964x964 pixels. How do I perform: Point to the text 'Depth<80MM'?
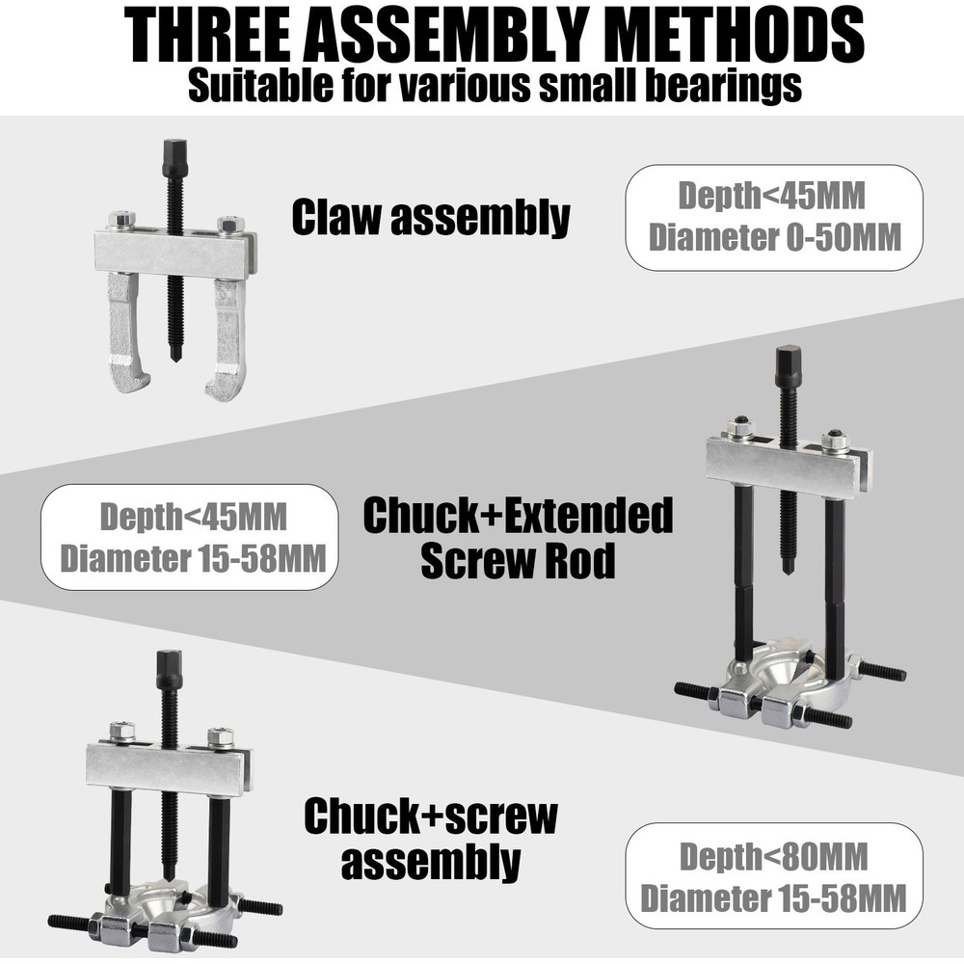pos(774,856)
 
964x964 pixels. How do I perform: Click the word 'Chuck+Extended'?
pos(518,518)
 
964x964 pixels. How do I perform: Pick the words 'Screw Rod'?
pos(518,561)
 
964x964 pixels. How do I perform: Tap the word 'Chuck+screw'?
pos(431,817)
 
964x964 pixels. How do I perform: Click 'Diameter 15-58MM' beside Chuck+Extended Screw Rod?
pos(189,558)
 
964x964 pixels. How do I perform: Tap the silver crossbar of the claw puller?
pos(174,254)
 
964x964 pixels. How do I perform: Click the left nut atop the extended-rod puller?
pos(739,425)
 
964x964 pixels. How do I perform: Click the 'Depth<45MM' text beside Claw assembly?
pos(771,195)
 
